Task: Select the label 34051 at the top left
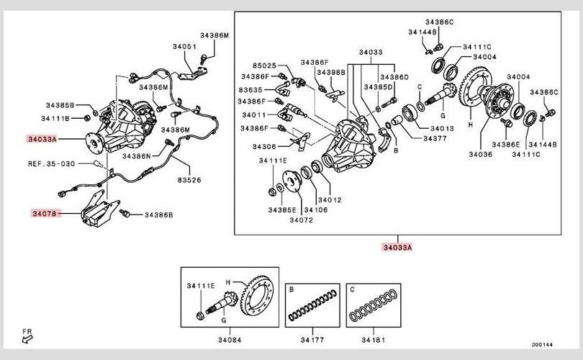184,47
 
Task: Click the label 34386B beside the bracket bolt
158,215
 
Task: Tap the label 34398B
332,72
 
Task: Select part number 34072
297,220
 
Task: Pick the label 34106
316,210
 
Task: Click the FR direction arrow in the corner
27,336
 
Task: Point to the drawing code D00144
541,345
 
